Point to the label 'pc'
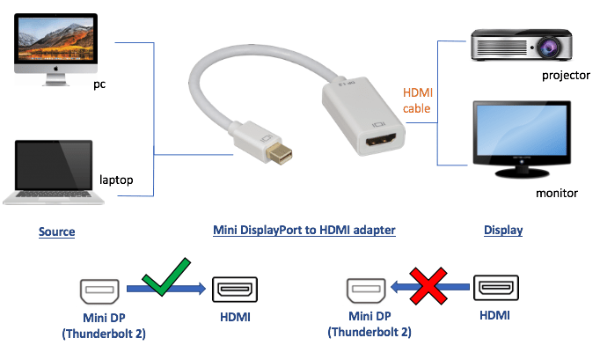pyautogui.click(x=100, y=85)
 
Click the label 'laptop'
pyautogui.click(x=115, y=180)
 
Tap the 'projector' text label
pyautogui.click(x=565, y=75)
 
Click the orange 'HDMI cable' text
pyautogui.click(x=417, y=100)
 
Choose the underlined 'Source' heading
pyautogui.click(x=56, y=231)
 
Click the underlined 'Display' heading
pyautogui.click(x=503, y=231)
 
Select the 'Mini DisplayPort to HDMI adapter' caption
pyautogui.click(x=304, y=231)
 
